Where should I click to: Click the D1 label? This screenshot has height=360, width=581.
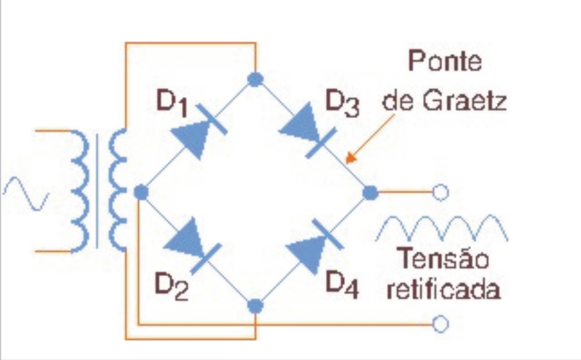coord(172,104)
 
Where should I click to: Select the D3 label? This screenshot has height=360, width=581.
coord(342,105)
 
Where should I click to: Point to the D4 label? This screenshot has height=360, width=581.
coord(342,285)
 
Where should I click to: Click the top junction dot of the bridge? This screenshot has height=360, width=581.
coord(255,79)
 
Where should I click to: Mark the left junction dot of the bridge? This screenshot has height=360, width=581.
coord(141,193)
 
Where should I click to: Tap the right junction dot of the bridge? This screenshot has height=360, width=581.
coord(370,193)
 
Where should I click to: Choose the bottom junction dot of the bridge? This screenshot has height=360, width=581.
coord(255,306)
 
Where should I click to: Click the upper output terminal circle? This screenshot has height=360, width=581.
coord(441,193)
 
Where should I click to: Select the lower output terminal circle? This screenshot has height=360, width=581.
coord(441,324)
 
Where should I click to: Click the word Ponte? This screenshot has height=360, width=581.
coord(445,62)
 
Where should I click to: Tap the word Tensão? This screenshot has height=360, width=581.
coord(443,259)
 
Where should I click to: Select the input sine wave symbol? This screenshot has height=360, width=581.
coord(26,193)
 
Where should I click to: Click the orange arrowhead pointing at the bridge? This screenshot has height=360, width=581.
coord(351,158)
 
